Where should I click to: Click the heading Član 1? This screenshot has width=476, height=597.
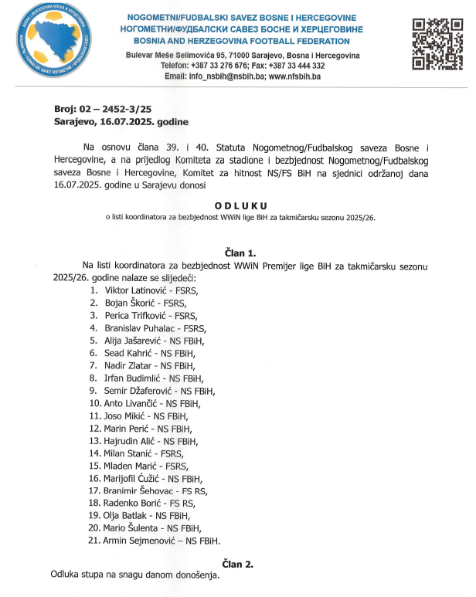click(241, 252)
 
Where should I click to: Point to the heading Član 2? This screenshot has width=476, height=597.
click(240, 564)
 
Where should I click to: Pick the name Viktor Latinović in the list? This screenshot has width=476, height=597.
click(134, 290)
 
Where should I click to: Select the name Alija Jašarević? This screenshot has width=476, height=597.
click(133, 341)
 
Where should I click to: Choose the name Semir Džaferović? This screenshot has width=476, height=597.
click(140, 391)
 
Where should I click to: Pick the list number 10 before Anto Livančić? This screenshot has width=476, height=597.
click(96, 403)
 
